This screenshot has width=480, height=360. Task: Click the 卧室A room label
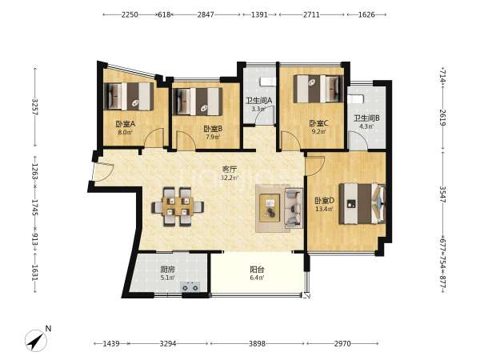click(x=126, y=124)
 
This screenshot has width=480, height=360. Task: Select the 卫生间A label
click(x=259, y=101)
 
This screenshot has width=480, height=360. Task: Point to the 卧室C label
click(x=318, y=123)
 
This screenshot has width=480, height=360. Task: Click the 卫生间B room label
click(x=366, y=118)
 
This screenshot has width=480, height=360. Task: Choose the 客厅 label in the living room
click(x=230, y=170)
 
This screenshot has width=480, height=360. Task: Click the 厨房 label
click(x=168, y=270)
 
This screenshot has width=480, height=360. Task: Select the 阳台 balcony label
click(x=257, y=270)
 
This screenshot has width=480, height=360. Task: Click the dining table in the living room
click(x=178, y=206)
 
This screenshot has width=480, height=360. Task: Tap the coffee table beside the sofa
click(x=270, y=208)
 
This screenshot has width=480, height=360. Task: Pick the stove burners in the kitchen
click(x=190, y=287)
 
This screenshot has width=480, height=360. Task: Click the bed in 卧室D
click(x=362, y=203)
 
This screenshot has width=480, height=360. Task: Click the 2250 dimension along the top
click(x=130, y=14)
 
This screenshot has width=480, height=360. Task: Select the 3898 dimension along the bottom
click(x=257, y=343)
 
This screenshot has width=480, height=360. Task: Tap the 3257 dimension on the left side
click(x=34, y=107)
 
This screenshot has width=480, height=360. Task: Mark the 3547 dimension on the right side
click(x=443, y=194)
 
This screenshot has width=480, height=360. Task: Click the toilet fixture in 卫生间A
click(x=268, y=82)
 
